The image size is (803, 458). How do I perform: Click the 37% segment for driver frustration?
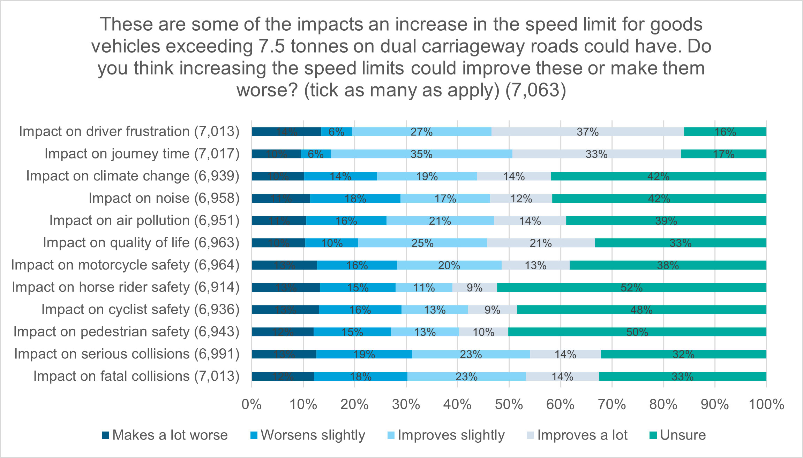click(x=587, y=132)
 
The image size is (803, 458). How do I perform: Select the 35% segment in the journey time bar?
click(x=421, y=154)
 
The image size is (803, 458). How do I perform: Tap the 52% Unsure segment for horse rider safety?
click(x=631, y=287)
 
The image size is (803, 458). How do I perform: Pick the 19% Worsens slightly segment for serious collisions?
click(x=364, y=354)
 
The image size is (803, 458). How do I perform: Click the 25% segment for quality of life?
click(x=422, y=243)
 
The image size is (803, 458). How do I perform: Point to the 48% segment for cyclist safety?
click(x=641, y=310)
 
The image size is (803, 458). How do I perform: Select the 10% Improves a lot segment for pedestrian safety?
click(x=483, y=332)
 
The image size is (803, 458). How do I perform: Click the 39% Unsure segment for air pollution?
click(x=666, y=220)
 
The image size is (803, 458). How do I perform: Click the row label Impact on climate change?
click(x=133, y=176)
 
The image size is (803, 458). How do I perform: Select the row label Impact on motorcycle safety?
click(x=125, y=265)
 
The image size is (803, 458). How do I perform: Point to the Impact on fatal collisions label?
click(x=136, y=376)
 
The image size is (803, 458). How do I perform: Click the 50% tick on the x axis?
click(x=509, y=404)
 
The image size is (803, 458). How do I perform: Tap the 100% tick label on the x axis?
click(x=766, y=404)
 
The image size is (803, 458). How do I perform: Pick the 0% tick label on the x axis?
click(x=252, y=404)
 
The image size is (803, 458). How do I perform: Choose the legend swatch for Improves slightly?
click(x=391, y=435)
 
